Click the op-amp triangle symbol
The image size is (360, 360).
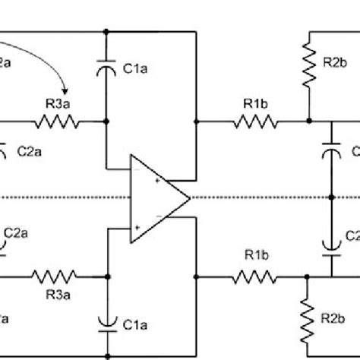tap(156, 199)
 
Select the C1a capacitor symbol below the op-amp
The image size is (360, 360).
tap(107, 322)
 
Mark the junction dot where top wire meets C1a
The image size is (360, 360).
tap(107, 32)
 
